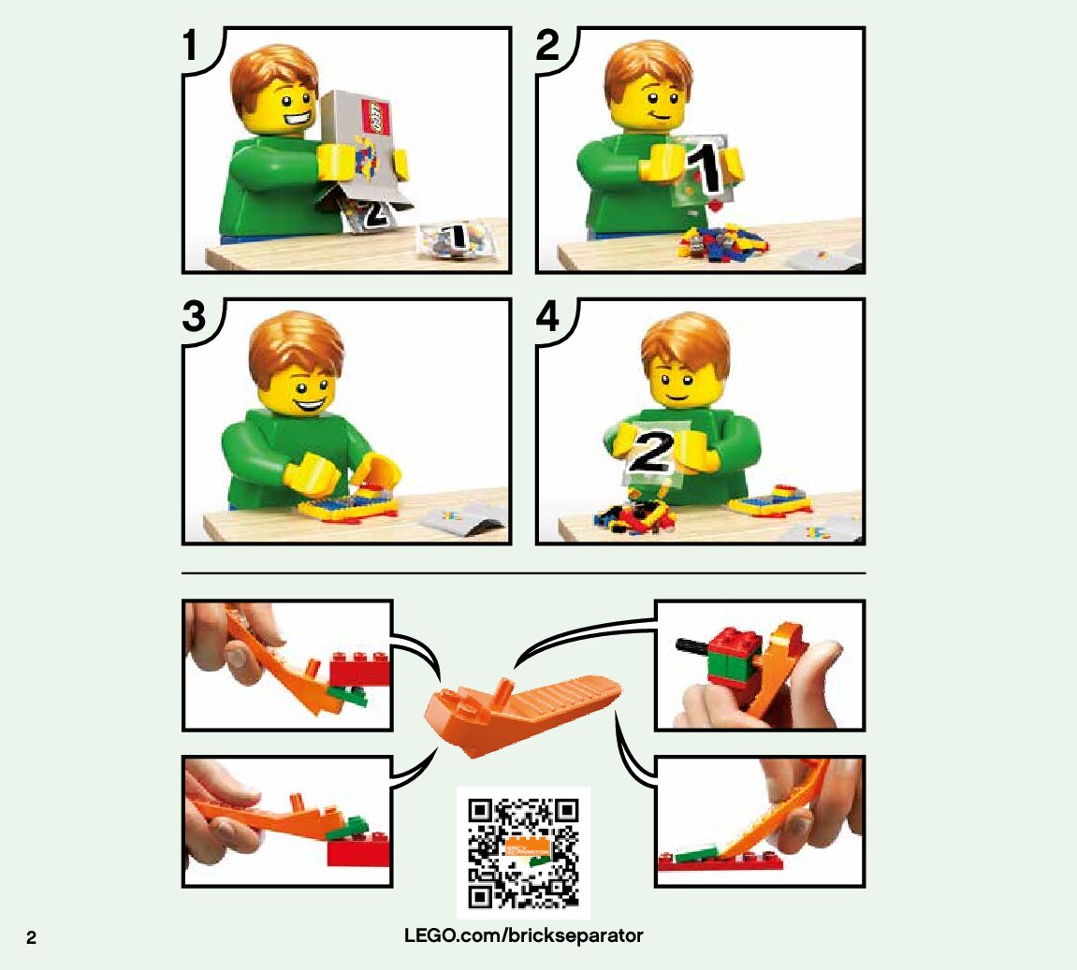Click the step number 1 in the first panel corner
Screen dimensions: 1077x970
(x=190, y=45)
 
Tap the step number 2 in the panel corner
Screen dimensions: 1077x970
(x=547, y=45)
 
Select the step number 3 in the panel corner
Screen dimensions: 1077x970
(x=195, y=316)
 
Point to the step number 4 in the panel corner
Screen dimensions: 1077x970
(x=548, y=316)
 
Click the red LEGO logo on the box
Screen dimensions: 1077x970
(x=375, y=117)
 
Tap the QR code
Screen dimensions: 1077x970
(x=523, y=853)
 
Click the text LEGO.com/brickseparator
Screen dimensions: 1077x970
(x=523, y=935)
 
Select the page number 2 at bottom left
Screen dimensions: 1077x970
(x=31, y=938)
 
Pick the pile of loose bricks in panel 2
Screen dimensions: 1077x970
(x=722, y=241)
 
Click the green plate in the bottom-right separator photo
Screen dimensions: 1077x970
(x=696, y=854)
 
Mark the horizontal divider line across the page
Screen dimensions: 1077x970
(x=523, y=572)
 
